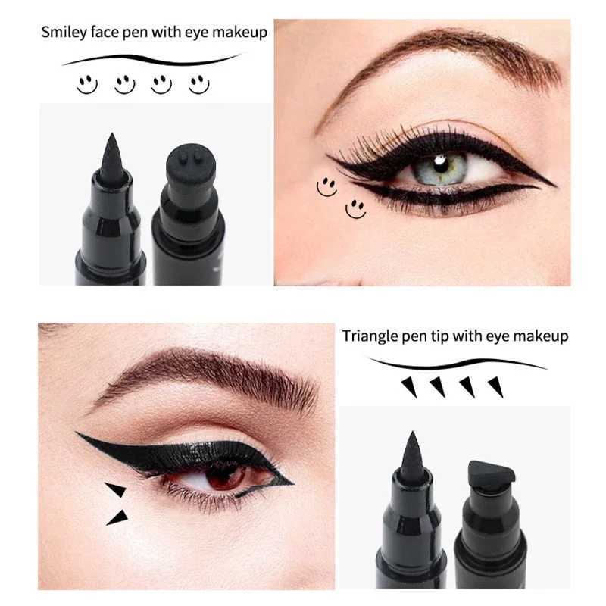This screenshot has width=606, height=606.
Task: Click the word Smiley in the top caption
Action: point(63,33)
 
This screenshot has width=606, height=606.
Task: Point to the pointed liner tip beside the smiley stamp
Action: point(112,155)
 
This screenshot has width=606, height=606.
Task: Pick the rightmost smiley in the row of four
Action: point(198,83)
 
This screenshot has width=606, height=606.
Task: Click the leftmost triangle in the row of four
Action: point(409,388)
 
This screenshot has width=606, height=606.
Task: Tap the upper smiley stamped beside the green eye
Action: point(326,186)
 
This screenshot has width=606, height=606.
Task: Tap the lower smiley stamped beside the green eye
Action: point(355,208)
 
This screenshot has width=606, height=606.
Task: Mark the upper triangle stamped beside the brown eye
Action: point(116,489)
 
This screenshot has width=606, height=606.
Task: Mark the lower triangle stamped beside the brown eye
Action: point(117,517)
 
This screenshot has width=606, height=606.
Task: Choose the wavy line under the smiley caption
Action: point(151,59)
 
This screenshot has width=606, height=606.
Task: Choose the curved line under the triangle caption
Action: point(454,363)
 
